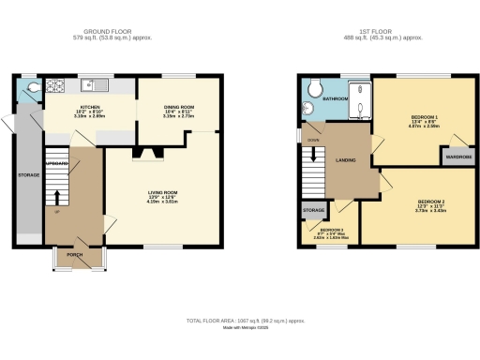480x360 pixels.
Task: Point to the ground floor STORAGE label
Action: coord(29,173)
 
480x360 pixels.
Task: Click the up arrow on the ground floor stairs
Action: coord(57,198)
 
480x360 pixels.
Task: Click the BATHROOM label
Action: coord(336,97)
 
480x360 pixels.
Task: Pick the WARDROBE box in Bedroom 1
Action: coord(458,157)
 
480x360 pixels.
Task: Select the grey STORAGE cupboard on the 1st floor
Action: coord(312,211)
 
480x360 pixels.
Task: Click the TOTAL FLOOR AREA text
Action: coord(246,321)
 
